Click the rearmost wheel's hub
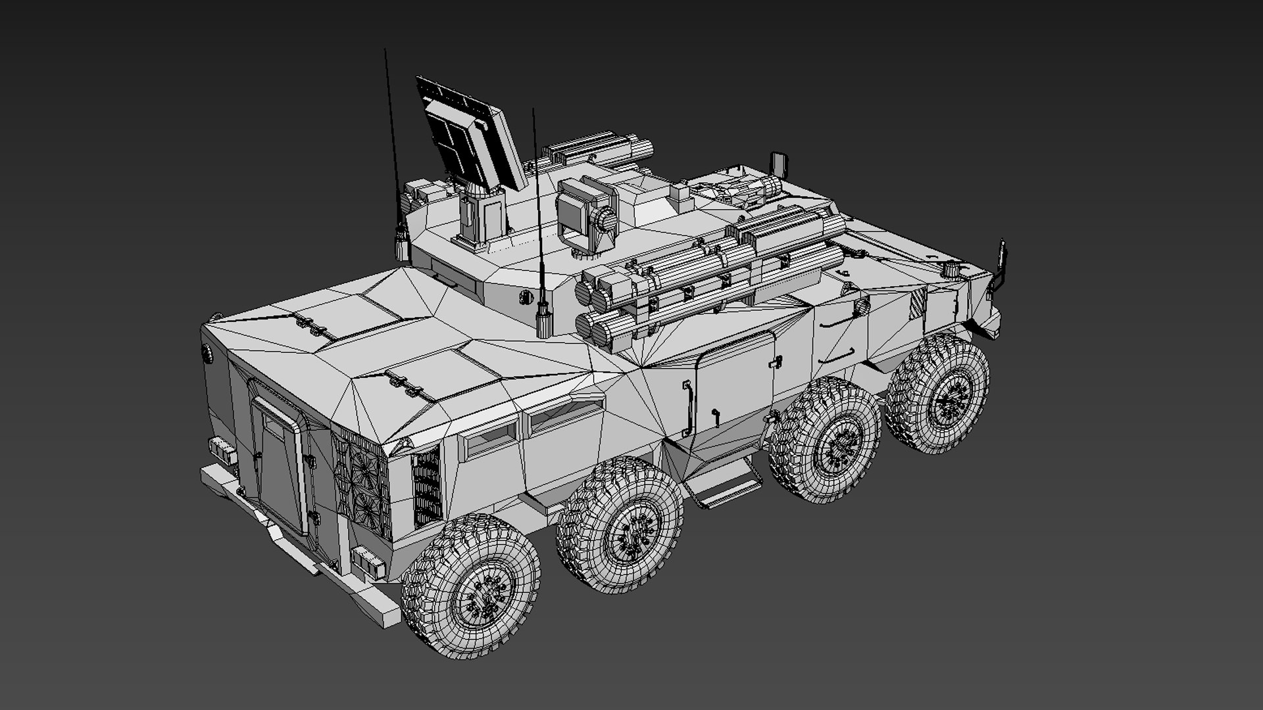(485, 596)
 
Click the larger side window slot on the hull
(566, 414)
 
